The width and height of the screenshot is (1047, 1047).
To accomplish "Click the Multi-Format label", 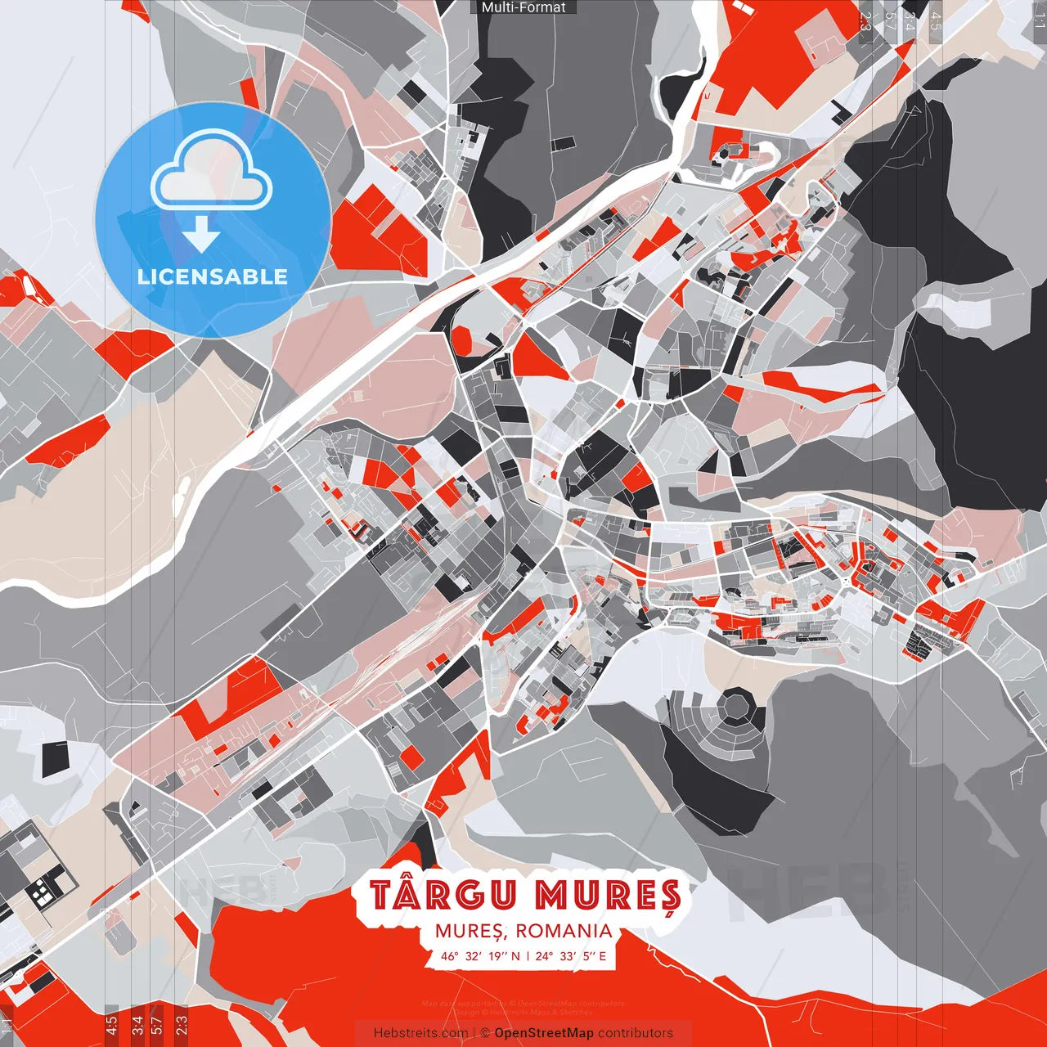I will pos(523,7).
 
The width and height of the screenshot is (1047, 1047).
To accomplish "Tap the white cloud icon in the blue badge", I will pos(212,172).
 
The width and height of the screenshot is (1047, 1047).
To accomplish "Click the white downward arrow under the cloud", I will pos(200,235).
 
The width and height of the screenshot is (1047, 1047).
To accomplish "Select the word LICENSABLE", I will pos(213,276).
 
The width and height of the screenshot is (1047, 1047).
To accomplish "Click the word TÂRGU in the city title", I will pos(443,896).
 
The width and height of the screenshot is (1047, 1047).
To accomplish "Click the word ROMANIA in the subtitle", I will pos(564,931).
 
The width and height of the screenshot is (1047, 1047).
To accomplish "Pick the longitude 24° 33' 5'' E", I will pos(571,955).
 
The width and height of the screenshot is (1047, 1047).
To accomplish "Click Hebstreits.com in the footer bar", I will pos(420,1033).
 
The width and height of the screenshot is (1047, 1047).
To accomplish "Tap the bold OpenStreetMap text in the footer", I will pos(544,1033).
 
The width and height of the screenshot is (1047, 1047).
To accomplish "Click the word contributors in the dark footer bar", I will pos(636,1033).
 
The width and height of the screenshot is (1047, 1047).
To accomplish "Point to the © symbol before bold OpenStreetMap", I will pos(484,1033).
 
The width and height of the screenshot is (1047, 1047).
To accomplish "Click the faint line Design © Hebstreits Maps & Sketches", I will pos(523,1012).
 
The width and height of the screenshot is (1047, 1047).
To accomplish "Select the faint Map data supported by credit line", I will pos(523,1004).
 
